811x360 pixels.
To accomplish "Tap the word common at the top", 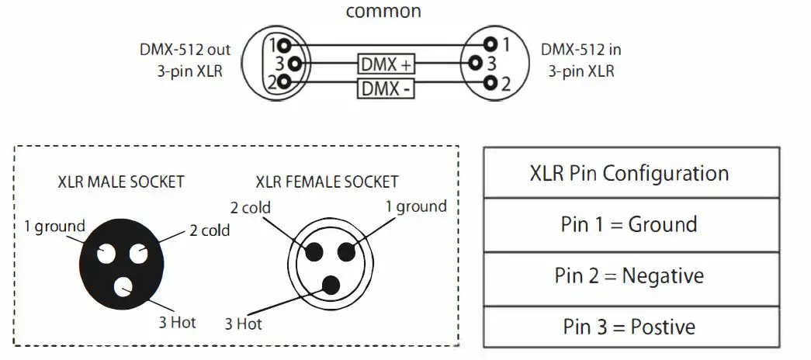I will tap(383, 12).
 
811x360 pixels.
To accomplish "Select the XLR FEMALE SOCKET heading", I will tap(327, 182).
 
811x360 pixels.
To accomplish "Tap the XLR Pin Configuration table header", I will tap(629, 172).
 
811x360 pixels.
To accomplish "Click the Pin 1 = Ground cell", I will tap(629, 224).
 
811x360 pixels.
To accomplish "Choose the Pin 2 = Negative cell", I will tap(629, 275).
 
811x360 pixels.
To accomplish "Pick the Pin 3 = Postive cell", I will tap(629, 327).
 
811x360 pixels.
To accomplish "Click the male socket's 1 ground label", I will tap(54, 227).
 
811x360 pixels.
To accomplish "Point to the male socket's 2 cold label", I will tap(210, 230).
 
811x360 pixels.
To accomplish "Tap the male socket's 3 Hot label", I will tap(178, 321).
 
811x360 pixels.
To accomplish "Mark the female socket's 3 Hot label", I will tap(244, 324).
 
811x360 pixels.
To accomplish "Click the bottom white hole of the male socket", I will tap(124, 288).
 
